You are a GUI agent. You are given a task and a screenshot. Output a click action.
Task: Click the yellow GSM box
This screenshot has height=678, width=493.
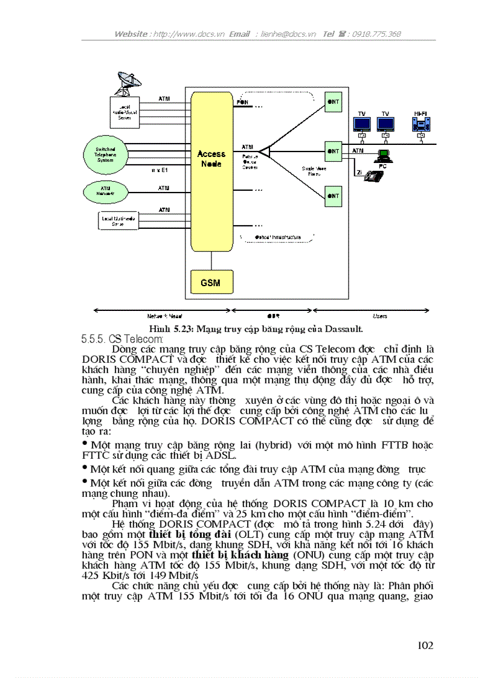click(210, 283)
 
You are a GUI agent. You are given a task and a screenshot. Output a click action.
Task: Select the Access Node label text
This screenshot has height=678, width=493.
click(211, 159)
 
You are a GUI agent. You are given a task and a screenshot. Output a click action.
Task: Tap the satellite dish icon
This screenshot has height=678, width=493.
click(125, 83)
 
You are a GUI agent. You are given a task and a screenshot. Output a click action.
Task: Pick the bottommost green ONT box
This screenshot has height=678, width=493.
click(333, 196)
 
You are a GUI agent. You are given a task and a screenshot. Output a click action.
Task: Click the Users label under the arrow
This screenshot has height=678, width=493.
click(380, 316)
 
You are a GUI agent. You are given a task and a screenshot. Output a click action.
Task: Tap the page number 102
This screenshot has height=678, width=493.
click(425, 645)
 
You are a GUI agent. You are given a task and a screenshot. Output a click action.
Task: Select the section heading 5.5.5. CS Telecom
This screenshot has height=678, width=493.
click(118, 339)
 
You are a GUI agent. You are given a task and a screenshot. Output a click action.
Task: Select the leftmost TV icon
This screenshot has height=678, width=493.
click(362, 124)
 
